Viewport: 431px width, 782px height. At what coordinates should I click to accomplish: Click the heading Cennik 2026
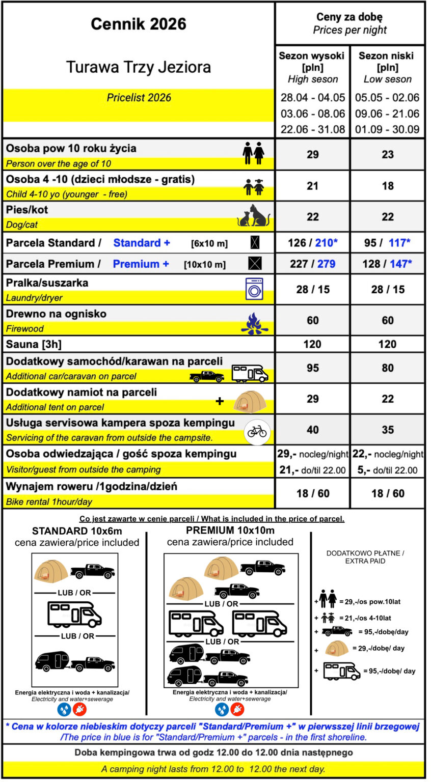[139, 24]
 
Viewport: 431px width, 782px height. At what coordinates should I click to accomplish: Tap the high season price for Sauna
[312, 344]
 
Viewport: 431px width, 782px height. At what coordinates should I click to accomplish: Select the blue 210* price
[326, 243]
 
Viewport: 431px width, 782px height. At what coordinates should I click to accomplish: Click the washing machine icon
[254, 289]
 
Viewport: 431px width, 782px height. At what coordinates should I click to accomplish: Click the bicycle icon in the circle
[257, 431]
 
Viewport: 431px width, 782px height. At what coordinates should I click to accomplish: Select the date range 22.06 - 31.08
[313, 129]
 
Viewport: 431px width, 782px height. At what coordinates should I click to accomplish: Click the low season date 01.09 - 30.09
[387, 129]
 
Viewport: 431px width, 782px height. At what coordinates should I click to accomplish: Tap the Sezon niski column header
[387, 56]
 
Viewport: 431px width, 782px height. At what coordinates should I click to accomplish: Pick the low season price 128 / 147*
[387, 264]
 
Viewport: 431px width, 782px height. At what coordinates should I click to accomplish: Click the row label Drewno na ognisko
[56, 314]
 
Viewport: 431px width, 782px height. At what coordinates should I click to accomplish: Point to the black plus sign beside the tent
[220, 401]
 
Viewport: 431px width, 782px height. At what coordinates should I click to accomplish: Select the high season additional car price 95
[312, 368]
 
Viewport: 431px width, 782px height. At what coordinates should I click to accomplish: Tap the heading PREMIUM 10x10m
[230, 530]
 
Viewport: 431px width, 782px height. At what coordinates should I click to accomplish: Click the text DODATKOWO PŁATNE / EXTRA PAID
[368, 557]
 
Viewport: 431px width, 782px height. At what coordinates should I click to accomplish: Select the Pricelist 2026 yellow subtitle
[139, 98]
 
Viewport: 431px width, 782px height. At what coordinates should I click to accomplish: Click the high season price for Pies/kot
[312, 217]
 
